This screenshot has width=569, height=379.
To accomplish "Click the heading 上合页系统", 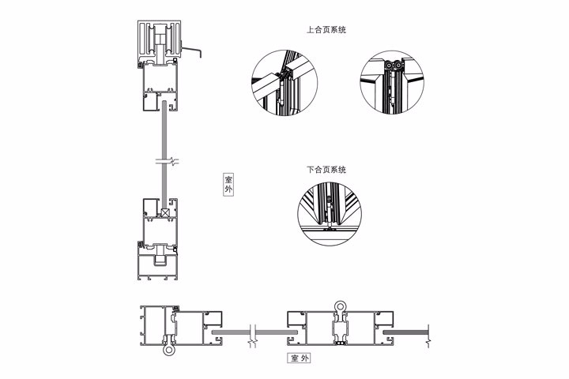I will coord(326,29).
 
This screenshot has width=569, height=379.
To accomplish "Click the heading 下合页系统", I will coord(326,170).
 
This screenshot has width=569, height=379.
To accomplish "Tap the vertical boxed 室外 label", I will coord(228,185).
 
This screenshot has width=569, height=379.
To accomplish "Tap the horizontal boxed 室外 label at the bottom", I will coord(300,358).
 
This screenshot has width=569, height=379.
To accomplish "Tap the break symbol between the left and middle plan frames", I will coord(253,335).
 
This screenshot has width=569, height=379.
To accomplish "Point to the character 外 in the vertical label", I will coord(228,189).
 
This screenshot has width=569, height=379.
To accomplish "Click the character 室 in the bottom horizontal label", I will coord(295,358).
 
